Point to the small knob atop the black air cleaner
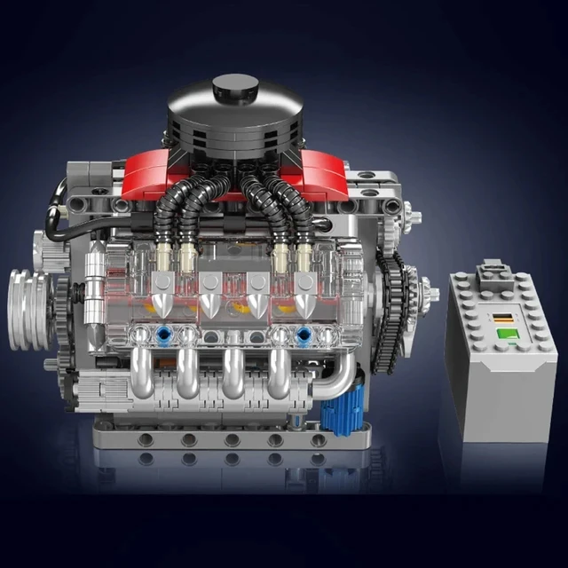click(x=233, y=86)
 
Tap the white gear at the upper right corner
click(x=413, y=213)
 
